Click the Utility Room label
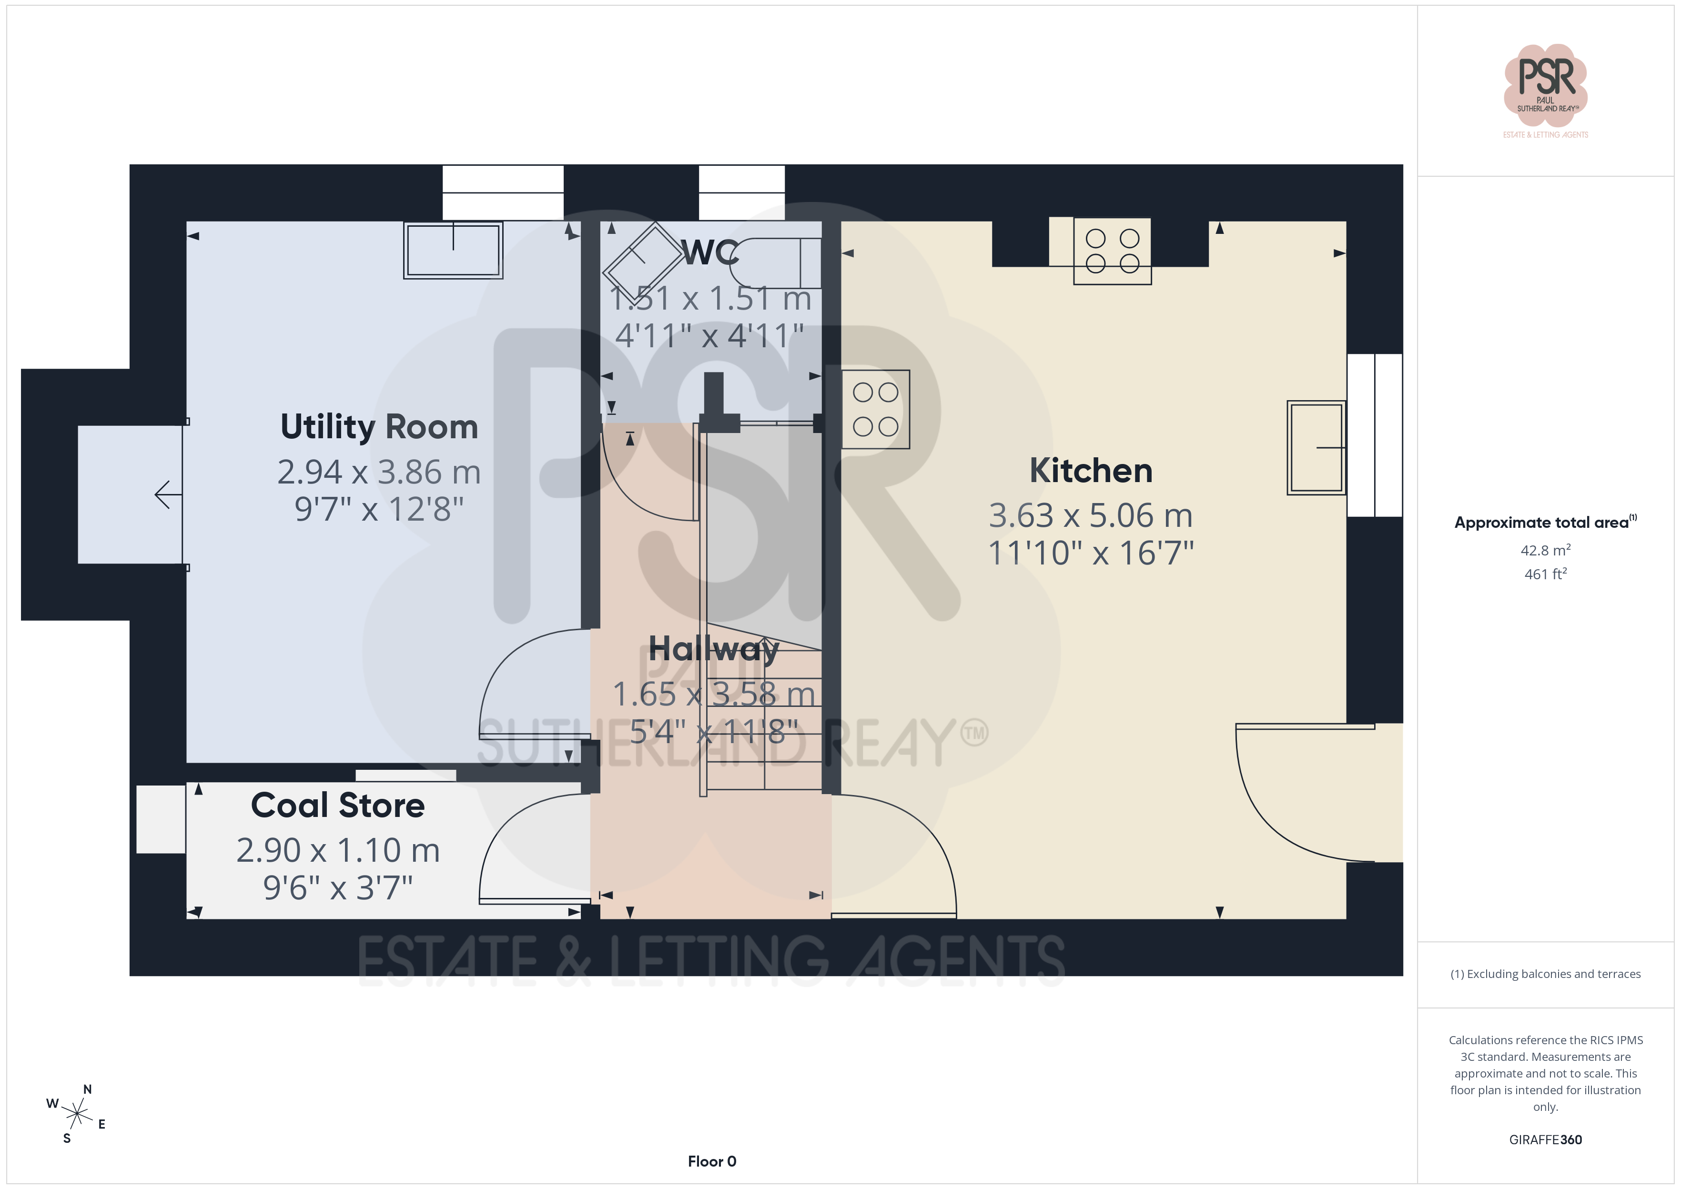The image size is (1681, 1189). coord(379,427)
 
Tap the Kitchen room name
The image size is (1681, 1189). coord(1091,470)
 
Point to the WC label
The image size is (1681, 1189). coord(710,252)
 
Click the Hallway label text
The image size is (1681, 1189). coord(714,649)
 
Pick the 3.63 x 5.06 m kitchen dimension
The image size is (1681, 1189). coord(1091,515)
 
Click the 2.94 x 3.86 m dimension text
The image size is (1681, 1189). coord(379,472)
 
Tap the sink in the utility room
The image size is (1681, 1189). coord(453,250)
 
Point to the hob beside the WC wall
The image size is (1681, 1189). coord(876,409)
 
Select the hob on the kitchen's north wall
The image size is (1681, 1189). coord(1112,251)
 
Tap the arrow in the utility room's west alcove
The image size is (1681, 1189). coord(168,495)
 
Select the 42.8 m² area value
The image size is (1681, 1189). coord(1546,550)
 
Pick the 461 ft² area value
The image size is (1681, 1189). coord(1546,574)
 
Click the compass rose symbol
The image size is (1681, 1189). coord(76,1114)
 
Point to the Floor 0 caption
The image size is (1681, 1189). coord(712,1161)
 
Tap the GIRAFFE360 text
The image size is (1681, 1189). coord(1546,1140)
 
